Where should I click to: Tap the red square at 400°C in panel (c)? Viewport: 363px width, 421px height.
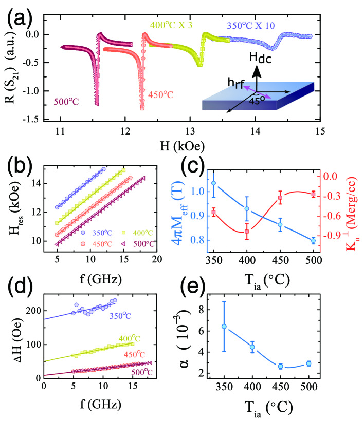247,232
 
